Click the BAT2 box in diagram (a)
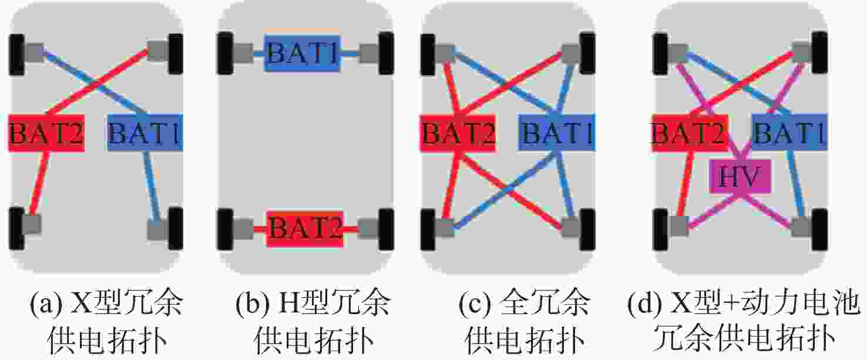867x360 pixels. (x=46, y=132)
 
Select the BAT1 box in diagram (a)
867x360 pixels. (x=145, y=132)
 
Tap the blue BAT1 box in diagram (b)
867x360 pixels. (x=302, y=53)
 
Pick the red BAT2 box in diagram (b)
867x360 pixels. (x=305, y=229)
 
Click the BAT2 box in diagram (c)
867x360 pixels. (x=458, y=132)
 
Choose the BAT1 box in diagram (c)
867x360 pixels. (x=557, y=132)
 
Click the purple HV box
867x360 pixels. (x=740, y=176)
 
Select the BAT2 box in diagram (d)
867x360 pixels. (x=690, y=132)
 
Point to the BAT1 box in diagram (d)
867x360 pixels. (x=789, y=132)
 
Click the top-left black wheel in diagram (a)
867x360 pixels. (x=16, y=55)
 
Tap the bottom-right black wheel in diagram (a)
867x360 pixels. (x=175, y=228)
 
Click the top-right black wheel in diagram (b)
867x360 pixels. (x=387, y=53)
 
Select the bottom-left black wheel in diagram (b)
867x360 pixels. (x=225, y=229)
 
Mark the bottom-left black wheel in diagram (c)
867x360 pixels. (x=428, y=229)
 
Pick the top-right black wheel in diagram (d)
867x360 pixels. (x=820, y=52)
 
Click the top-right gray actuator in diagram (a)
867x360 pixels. (x=158, y=51)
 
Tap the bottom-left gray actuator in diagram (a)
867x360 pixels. (x=32, y=224)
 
